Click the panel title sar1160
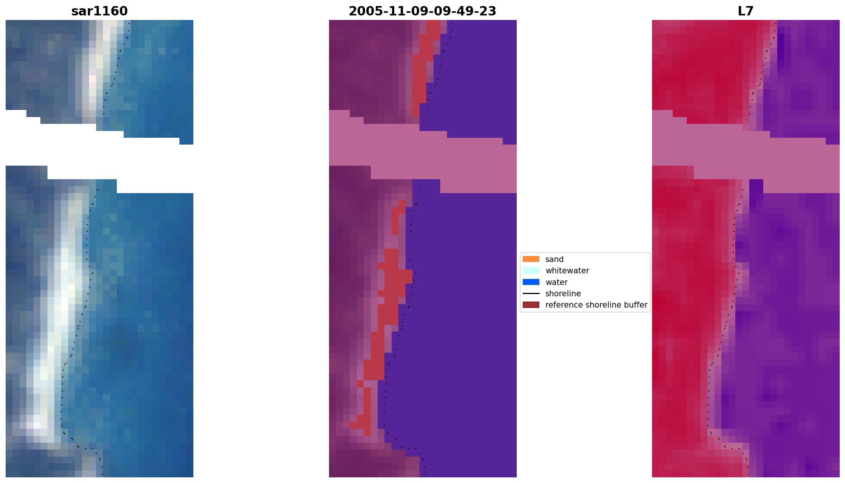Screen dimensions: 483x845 pos(100,11)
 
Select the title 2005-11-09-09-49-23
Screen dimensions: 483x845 pos(422,11)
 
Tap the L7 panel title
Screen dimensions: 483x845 pos(745,11)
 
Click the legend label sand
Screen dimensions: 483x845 pos(554,259)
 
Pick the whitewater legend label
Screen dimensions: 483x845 pos(567,271)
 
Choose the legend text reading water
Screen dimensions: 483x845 pos(556,282)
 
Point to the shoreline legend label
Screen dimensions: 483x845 pos(563,294)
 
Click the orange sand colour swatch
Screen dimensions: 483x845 pos(531,259)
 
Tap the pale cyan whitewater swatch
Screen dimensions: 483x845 pos(531,271)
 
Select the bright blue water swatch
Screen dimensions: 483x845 pos(531,282)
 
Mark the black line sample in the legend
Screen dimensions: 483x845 pos(531,294)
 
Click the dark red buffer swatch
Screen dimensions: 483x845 pos(531,305)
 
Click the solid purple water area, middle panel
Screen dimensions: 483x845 pos(471,301)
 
